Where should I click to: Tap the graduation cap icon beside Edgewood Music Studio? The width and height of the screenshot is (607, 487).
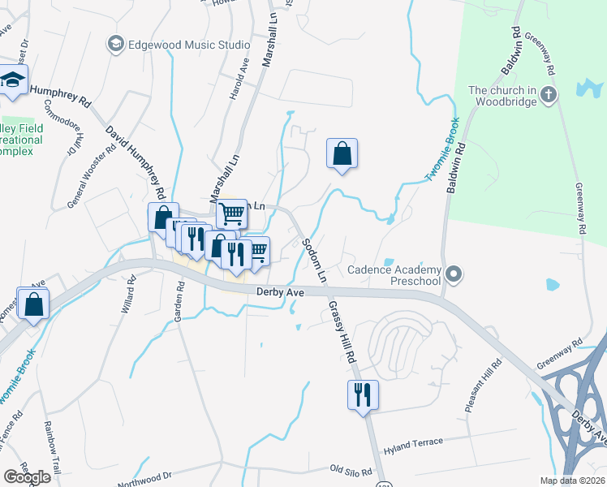tap(116, 43)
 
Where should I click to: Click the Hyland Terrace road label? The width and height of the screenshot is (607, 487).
tap(414, 442)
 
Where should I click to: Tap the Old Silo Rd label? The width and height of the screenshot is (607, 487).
tap(351, 469)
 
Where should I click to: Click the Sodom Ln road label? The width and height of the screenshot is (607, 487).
tap(313, 260)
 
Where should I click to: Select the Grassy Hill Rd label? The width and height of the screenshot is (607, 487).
tap(342, 333)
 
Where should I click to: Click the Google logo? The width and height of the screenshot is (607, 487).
tap(27, 477)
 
